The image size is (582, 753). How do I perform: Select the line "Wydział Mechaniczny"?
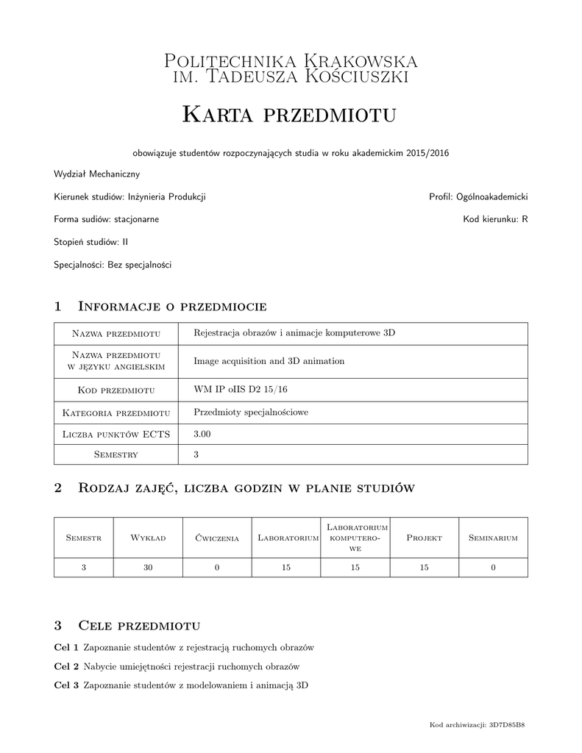pos(96,175)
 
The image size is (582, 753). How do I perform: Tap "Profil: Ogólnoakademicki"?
pos(478,197)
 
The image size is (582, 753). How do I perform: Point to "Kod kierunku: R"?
pos(495,219)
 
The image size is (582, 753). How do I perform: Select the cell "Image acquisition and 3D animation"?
pos(269,361)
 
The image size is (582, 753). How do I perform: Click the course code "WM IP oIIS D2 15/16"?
pos(241,389)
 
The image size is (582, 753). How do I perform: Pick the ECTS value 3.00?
pos(202,435)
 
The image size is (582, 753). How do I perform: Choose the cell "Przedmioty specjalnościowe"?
pos(251,412)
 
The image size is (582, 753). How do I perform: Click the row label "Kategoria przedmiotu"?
pos(116,413)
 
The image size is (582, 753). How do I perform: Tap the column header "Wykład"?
pos(148,538)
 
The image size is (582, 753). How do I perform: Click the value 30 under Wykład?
pos(148,567)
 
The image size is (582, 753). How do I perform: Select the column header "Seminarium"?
pos(493,538)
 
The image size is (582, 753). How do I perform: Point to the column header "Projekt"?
pos(424,538)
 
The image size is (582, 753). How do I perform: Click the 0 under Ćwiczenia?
pos(217,567)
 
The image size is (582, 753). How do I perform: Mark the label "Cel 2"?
pos(67,666)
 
